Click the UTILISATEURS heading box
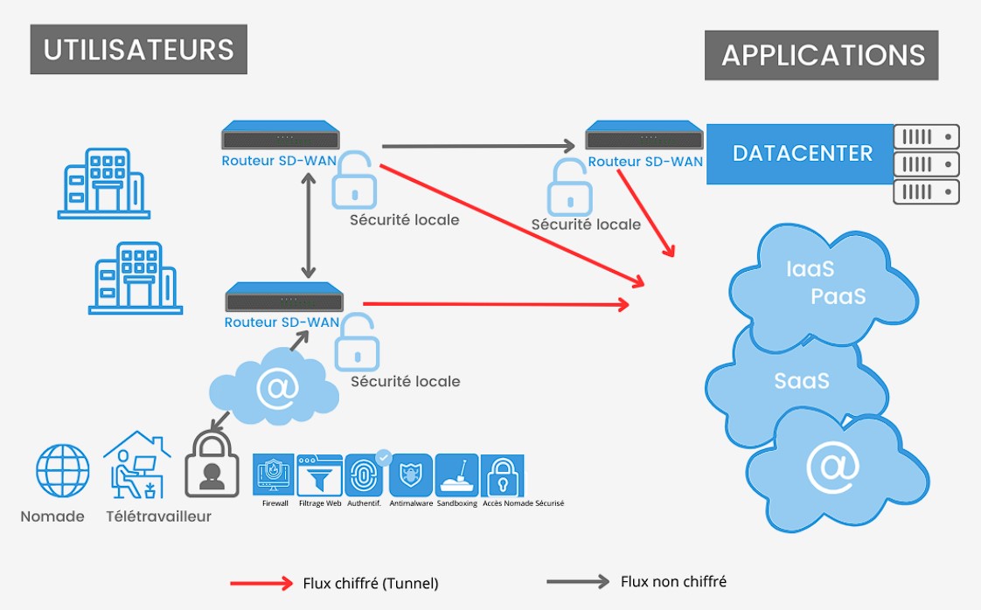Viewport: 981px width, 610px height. click(139, 49)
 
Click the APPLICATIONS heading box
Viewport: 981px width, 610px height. click(822, 55)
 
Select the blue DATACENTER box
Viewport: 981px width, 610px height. click(802, 154)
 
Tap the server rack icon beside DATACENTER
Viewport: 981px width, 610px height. click(926, 164)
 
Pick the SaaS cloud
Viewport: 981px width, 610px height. click(801, 381)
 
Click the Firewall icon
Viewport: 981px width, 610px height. click(275, 475)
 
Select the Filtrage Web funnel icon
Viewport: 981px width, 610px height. click(319, 475)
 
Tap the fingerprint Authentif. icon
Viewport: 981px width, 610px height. click(365, 475)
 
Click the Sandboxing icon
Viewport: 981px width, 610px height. click(456, 475)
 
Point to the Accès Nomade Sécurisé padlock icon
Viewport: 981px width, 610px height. click(503, 475)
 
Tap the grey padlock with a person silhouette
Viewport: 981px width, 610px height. click(212, 466)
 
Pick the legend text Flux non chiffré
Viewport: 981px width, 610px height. click(673, 581)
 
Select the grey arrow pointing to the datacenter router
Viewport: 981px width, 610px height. click(480, 145)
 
